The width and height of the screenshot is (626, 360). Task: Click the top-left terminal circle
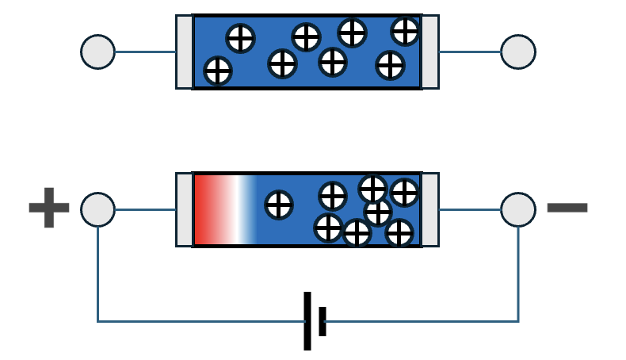(97, 52)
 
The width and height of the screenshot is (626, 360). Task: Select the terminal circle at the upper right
(518, 52)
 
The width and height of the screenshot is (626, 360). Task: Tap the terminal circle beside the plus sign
(97, 210)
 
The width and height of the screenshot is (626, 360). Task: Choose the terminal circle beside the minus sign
(518, 210)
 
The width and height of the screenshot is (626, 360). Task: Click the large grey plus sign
(48, 208)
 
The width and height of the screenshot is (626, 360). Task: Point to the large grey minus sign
(567, 208)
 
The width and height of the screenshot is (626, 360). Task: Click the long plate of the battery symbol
(307, 320)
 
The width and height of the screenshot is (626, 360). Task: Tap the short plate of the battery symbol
(322, 320)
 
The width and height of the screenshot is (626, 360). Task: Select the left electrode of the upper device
(184, 52)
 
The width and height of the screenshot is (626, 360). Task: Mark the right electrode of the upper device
(430, 52)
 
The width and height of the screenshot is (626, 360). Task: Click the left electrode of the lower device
(184, 210)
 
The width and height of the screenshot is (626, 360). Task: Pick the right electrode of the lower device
(430, 210)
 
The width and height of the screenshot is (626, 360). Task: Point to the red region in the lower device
(205, 210)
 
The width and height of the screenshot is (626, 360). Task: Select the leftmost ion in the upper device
(218, 71)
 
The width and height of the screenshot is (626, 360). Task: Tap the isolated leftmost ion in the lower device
(278, 204)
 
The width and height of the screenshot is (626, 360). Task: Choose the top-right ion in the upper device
(405, 31)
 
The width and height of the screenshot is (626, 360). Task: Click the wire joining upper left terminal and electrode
(145, 52)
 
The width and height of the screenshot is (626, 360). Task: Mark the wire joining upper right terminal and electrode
(470, 52)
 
